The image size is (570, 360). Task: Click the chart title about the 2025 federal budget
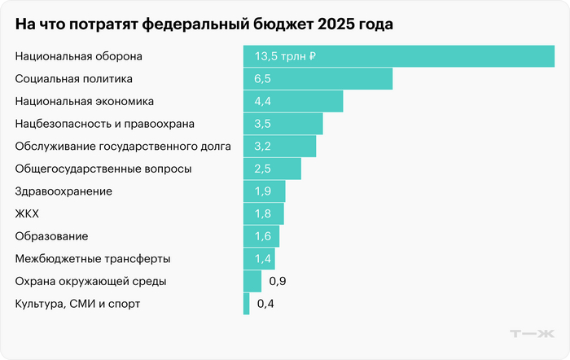204,24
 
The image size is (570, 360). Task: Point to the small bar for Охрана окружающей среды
252,281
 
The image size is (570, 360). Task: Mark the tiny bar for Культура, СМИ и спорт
247,304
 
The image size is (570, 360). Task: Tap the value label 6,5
262,79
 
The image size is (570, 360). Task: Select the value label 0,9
277,281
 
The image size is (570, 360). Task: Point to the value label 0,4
265,304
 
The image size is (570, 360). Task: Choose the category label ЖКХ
27,213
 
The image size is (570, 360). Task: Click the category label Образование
52,236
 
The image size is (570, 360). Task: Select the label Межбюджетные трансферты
93,259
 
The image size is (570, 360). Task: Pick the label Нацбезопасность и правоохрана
105,124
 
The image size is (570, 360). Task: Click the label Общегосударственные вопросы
103,169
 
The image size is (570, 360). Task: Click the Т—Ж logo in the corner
531,334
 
